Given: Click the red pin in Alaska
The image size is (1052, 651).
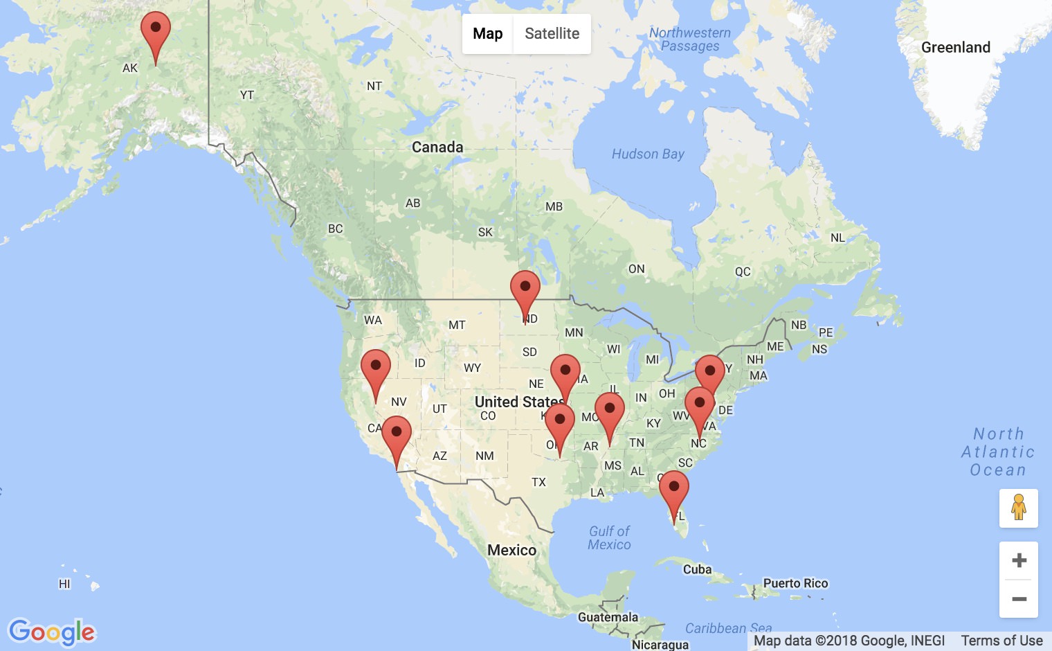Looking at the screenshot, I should (x=156, y=32).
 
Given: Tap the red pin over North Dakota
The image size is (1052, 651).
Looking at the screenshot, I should (x=525, y=290).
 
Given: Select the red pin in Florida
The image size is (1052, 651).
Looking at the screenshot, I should (x=673, y=490).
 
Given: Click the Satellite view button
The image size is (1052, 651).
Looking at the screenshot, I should (x=552, y=34).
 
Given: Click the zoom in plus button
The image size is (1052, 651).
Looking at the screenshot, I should (x=1019, y=560).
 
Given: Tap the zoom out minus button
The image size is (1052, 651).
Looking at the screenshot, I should (x=1019, y=599).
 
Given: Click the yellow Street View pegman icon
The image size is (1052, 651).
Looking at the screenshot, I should (x=1019, y=508).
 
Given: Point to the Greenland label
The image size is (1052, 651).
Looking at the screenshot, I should (x=955, y=47).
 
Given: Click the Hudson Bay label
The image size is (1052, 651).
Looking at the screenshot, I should (x=648, y=154).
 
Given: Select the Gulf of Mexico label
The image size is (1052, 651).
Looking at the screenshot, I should (x=609, y=537).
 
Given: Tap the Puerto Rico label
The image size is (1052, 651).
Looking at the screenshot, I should (x=795, y=583).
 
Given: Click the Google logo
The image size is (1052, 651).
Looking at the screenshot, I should (x=52, y=632).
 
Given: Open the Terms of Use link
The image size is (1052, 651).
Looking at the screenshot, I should (x=1001, y=641).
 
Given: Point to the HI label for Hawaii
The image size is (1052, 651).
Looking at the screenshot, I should (x=64, y=584).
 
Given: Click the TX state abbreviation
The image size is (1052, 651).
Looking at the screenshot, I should (x=538, y=482).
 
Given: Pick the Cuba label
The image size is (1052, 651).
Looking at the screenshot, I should (x=697, y=569).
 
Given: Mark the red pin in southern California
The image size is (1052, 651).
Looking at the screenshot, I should (x=397, y=436).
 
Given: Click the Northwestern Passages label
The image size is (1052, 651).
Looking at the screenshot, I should (x=689, y=39).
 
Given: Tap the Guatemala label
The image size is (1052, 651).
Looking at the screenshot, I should (x=608, y=617).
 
